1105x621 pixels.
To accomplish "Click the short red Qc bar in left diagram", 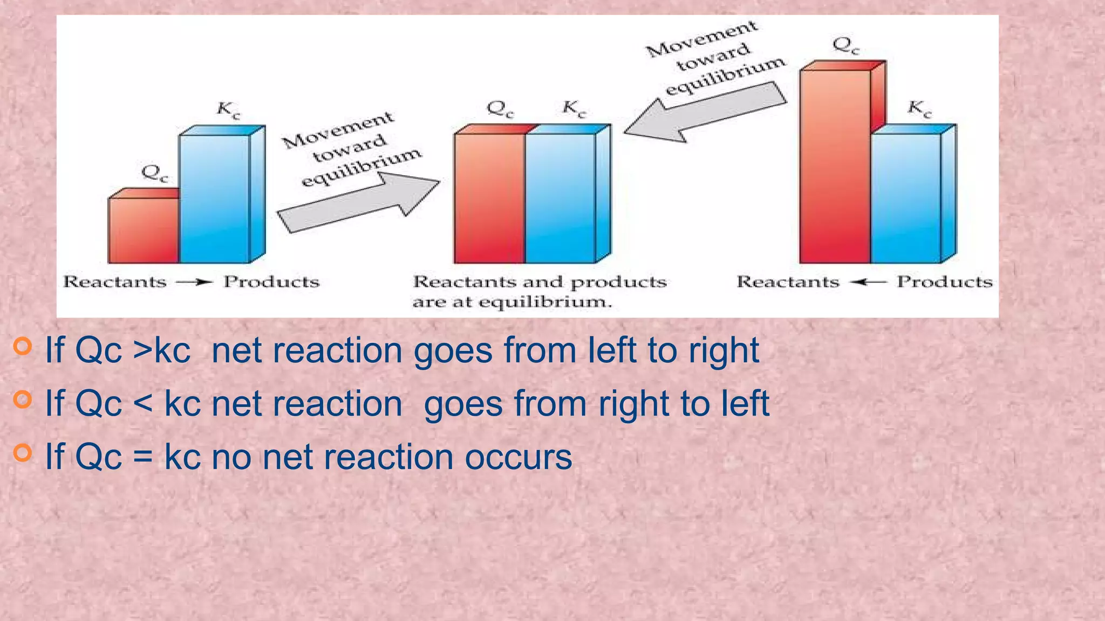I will pyautogui.click(x=144, y=230).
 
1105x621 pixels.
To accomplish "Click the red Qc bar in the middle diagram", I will pyautogui.click(x=489, y=198).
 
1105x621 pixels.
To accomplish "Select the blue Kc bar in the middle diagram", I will pyautogui.click(x=561, y=198).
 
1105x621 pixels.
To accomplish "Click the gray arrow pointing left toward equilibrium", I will pyautogui.click(x=705, y=113).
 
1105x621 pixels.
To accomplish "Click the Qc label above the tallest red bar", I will pyautogui.click(x=845, y=46).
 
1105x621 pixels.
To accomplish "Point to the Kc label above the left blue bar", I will pyautogui.click(x=228, y=110).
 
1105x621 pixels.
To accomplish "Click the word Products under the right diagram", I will pyautogui.click(x=944, y=282).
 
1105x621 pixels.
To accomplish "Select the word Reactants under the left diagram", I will pyautogui.click(x=114, y=282).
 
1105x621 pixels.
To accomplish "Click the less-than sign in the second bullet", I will pyautogui.click(x=143, y=404).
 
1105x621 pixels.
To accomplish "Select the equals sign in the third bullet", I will pyautogui.click(x=143, y=457).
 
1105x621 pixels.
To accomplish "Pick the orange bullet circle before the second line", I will pyautogui.click(x=23, y=399).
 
